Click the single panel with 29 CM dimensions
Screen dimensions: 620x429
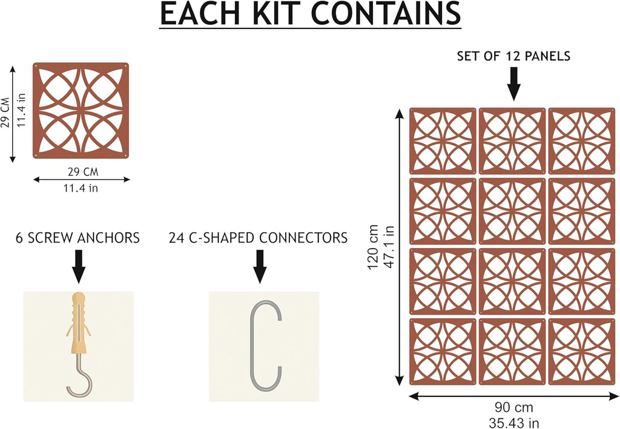(x=81, y=110)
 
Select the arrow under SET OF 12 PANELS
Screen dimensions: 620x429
(x=513, y=84)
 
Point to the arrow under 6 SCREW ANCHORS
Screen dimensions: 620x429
(x=78, y=266)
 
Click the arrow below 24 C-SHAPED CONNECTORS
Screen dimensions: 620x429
(x=259, y=266)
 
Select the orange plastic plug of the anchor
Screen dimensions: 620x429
(x=79, y=323)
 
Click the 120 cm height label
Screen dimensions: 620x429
(x=373, y=247)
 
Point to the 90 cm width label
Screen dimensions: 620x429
(x=513, y=407)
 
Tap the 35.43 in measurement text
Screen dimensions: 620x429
(x=513, y=423)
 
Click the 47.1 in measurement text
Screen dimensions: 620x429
(x=389, y=247)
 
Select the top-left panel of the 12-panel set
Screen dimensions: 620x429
(x=443, y=141)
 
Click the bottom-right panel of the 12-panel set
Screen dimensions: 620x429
(x=582, y=352)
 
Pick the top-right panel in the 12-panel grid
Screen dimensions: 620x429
(x=582, y=141)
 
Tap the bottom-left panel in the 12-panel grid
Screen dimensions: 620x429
(x=443, y=352)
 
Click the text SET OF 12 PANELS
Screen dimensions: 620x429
(x=513, y=56)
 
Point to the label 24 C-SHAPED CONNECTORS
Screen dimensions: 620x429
(x=258, y=238)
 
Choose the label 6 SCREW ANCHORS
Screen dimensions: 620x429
(x=77, y=238)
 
